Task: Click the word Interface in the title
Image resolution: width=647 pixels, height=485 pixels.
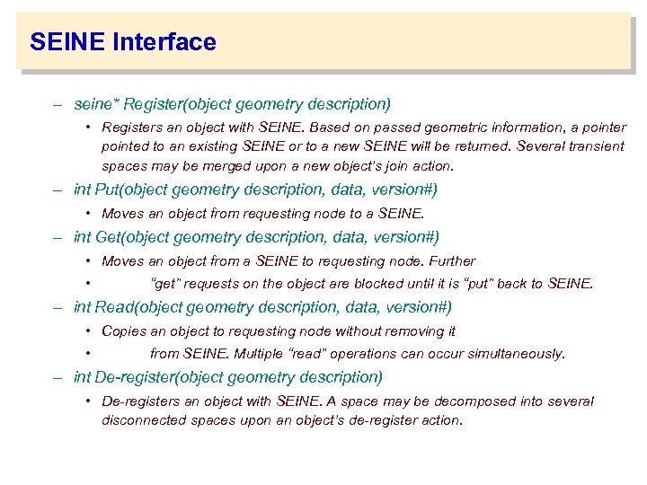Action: [x=164, y=42]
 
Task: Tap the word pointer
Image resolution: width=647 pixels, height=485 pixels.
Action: [x=603, y=128]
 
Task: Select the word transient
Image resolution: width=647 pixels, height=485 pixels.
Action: [x=598, y=146]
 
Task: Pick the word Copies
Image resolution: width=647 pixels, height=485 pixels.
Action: [x=124, y=331]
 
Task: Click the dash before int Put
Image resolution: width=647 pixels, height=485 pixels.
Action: [x=57, y=190]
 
